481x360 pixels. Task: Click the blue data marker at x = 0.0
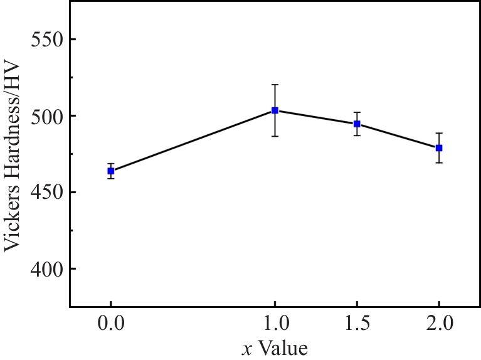click(111, 171)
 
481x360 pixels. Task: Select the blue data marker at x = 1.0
click(275, 110)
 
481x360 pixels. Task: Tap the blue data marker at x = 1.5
click(357, 124)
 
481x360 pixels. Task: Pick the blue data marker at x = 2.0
click(439, 148)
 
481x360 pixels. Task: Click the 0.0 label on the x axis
click(111, 326)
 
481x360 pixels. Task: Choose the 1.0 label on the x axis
click(275, 326)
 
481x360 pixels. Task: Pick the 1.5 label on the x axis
click(357, 326)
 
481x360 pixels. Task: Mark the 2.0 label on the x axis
click(439, 326)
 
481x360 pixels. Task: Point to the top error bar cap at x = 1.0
click(275, 84)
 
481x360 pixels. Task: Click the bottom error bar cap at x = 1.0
click(275, 136)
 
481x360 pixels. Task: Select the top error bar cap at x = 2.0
click(439, 133)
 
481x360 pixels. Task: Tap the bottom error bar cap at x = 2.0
click(439, 163)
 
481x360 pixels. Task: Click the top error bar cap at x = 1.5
click(357, 112)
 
